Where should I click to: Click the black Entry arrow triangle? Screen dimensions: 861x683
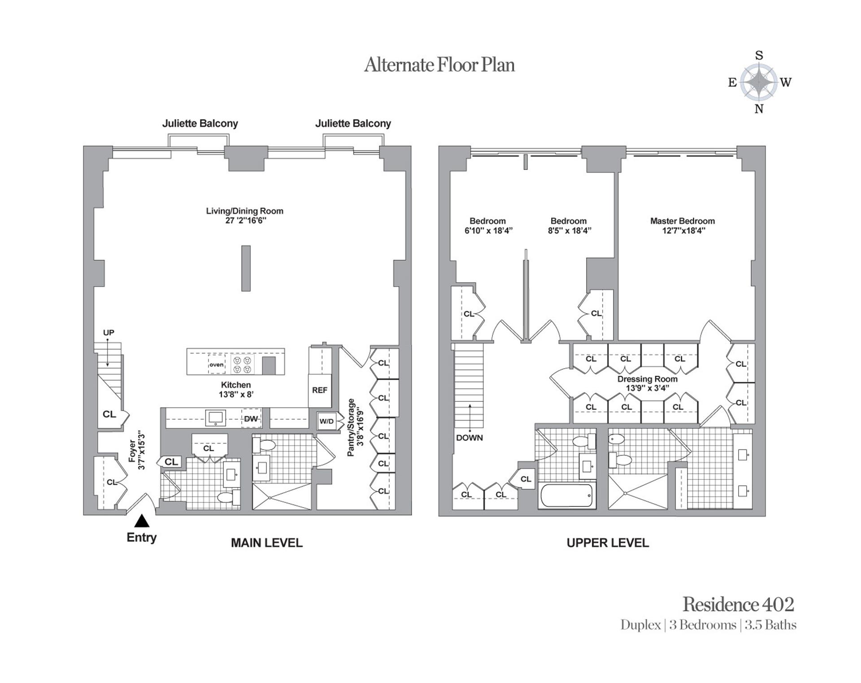142,521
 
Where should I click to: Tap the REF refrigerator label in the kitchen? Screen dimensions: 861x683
320,390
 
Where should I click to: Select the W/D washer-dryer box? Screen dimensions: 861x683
327,421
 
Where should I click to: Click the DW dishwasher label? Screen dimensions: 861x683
251,419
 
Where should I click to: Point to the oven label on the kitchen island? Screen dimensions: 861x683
217,365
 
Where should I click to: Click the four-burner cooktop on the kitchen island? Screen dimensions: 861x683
243,365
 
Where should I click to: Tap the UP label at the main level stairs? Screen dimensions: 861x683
109,332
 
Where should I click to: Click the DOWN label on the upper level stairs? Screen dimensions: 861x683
470,438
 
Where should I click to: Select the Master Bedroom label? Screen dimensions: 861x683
683,221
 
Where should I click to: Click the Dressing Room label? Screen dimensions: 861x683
648,379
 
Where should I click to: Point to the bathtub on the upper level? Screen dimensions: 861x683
567,496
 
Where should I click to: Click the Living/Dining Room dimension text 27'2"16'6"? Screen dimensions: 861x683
246,221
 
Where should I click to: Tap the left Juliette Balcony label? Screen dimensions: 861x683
200,123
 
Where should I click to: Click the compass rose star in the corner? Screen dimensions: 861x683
759,82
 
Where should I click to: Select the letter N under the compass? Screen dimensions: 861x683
759,109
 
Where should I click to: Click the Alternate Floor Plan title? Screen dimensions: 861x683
439,65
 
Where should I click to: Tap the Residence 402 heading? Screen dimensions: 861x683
738,605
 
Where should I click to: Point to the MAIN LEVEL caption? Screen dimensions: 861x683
267,543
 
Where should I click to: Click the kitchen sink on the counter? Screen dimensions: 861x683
216,418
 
